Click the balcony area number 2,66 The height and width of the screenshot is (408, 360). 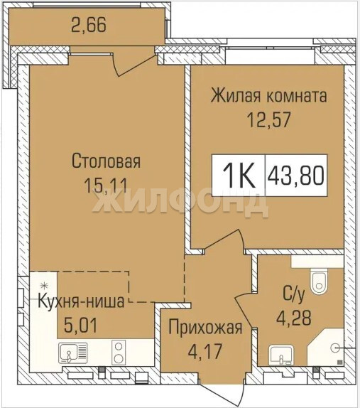click(x=89, y=26)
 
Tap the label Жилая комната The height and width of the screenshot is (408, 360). click(x=269, y=95)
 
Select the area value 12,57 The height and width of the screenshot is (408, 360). click(x=269, y=120)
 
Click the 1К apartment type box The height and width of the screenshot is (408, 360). click(x=239, y=175)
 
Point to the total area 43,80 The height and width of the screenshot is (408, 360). click(x=296, y=175)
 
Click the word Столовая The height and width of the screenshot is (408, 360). click(x=106, y=161)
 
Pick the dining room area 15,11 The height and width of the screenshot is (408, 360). click(x=106, y=186)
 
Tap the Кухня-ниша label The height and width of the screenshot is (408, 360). click(x=82, y=301)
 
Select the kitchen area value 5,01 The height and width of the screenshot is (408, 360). click(x=80, y=326)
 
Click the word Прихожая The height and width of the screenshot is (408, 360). click(x=205, y=328)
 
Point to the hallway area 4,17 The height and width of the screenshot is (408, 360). click(x=205, y=350)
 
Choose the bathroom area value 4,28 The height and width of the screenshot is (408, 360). click(x=293, y=318)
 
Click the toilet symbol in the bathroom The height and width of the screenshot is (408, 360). click(x=319, y=281)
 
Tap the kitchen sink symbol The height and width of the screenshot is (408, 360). click(x=72, y=353)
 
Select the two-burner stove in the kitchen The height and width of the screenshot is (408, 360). click(x=119, y=353)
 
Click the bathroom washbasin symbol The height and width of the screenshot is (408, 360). click(x=281, y=355)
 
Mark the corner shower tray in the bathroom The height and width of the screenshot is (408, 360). click(x=326, y=347)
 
